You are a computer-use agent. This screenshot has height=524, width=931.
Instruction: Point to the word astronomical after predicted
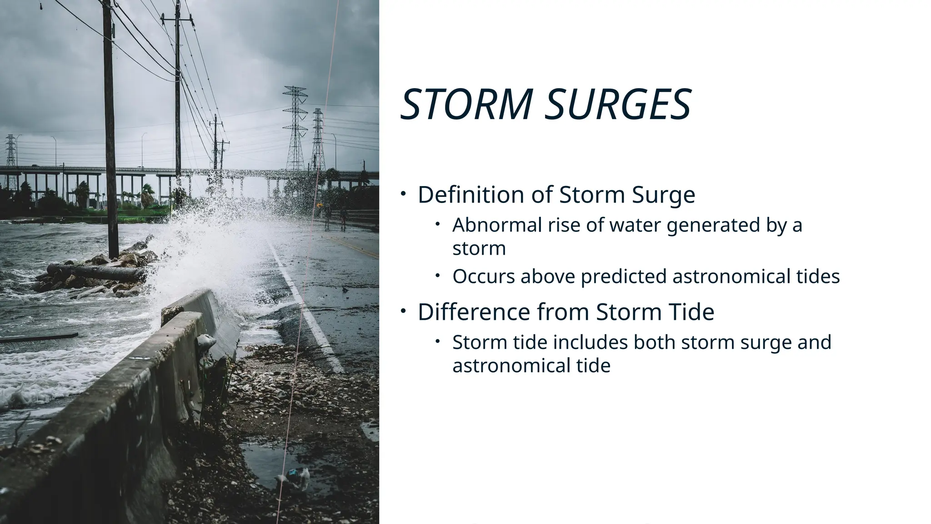coord(731,277)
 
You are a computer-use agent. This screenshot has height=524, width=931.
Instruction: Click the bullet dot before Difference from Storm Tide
coord(403,311)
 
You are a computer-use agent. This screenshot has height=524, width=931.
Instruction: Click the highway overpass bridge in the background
coord(136,172)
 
